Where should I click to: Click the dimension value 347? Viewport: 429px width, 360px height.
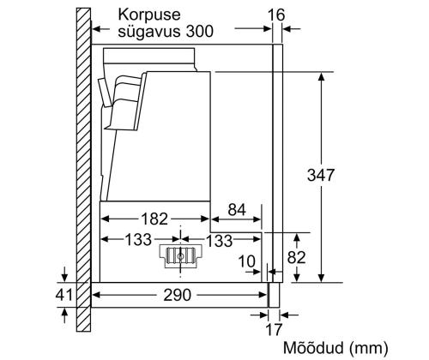tap(321, 174)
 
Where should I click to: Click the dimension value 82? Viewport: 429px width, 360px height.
tap(297, 256)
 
